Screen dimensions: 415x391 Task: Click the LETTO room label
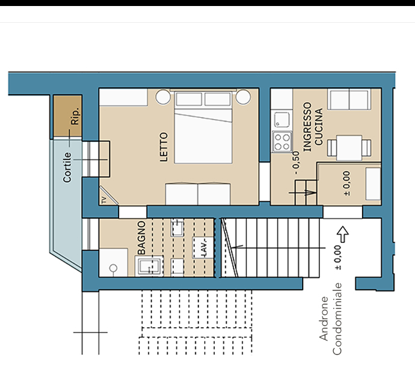(x=164, y=147)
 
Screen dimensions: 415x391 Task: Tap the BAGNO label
(x=141, y=238)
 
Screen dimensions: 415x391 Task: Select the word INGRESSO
(x=307, y=127)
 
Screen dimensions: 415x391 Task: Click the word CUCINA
(x=319, y=126)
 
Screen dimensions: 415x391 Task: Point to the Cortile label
(x=67, y=167)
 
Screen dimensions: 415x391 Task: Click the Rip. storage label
(x=75, y=116)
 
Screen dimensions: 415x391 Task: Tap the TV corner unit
(x=107, y=197)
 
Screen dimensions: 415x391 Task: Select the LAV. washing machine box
(x=203, y=247)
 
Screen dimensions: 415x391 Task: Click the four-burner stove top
(x=282, y=142)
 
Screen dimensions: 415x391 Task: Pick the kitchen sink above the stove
(x=281, y=120)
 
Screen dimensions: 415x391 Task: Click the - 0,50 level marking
(x=296, y=162)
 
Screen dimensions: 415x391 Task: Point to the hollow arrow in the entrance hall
(x=343, y=234)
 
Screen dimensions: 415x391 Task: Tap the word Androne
(x=324, y=318)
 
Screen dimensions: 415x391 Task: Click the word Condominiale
(x=337, y=319)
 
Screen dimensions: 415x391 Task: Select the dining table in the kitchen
(x=349, y=148)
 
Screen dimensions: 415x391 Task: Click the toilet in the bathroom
(x=113, y=268)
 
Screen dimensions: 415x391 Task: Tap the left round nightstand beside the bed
(x=163, y=97)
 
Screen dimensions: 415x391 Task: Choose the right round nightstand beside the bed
(x=243, y=97)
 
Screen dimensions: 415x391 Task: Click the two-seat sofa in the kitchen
(x=349, y=99)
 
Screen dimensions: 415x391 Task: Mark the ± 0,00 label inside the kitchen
(x=346, y=183)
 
